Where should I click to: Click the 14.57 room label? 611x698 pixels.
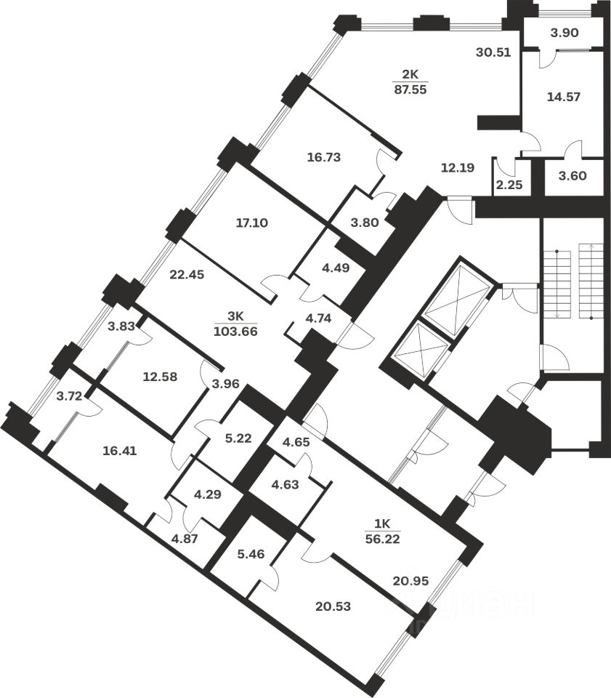click(565, 96)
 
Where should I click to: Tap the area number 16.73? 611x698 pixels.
click(324, 156)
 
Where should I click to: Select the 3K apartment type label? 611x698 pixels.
click(235, 316)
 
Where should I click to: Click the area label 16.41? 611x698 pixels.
click(120, 450)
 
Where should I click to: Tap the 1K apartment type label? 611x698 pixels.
click(383, 523)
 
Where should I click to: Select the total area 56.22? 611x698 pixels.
click(383, 539)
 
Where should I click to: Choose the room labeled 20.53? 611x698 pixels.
click(333, 606)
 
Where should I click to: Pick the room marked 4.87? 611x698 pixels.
click(183, 539)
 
